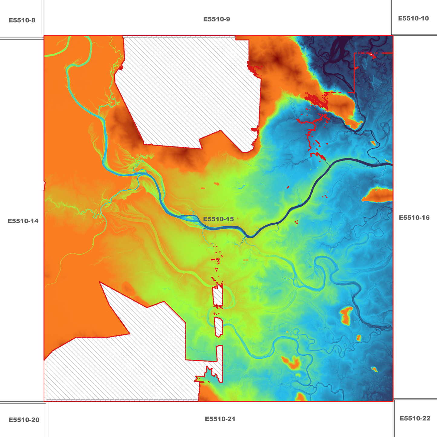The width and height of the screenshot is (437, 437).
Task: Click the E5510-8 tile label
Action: tap(22, 21)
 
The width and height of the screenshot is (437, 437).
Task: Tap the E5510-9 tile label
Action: tap(217, 19)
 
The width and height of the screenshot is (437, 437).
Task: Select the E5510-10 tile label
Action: tap(413, 18)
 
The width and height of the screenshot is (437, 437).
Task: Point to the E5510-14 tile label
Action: tap(23, 221)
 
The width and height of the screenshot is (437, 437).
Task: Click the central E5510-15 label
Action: tap(218, 219)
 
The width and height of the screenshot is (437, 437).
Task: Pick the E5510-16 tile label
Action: tap(414, 218)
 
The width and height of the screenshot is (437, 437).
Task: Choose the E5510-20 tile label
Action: tap(24, 420)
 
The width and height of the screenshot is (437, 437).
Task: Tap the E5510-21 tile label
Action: tap(220, 419)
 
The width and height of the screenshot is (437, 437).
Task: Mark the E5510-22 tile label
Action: tap(415, 418)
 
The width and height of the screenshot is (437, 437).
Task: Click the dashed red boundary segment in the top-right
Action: tap(354, 73)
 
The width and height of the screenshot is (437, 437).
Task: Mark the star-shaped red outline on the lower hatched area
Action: tap(207, 375)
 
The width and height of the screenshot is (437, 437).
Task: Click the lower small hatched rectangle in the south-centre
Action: tap(218, 327)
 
